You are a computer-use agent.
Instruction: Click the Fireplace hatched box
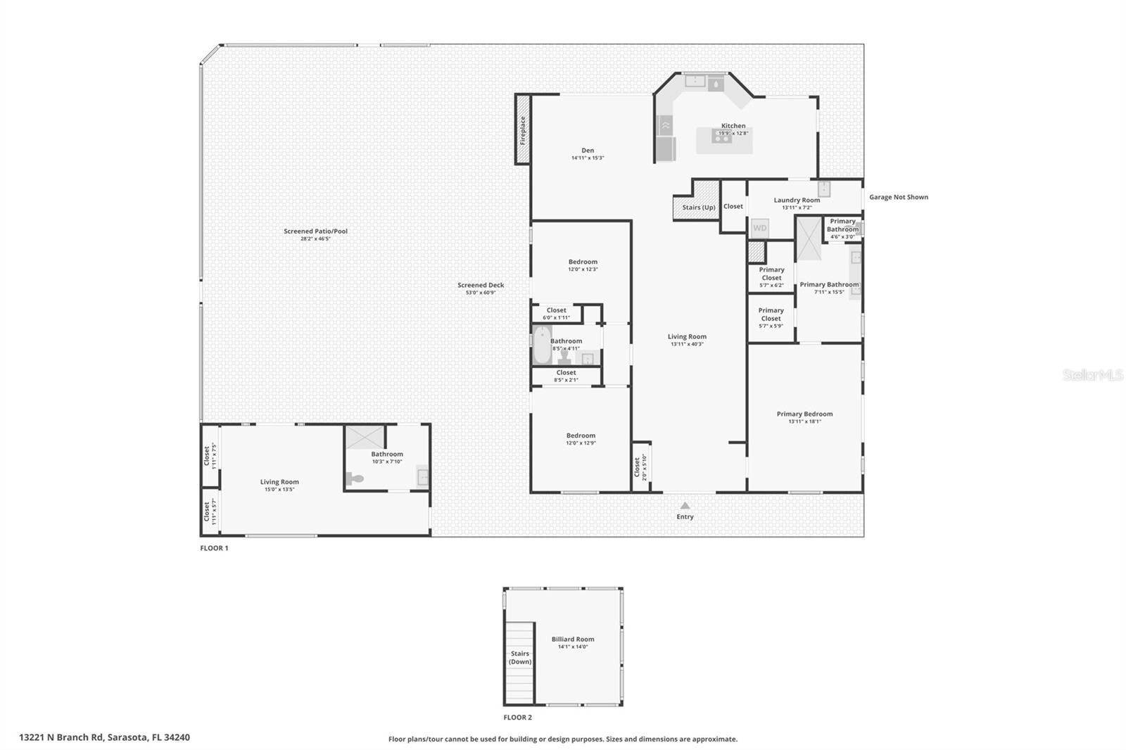(523, 129)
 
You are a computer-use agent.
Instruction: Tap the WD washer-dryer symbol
(759, 228)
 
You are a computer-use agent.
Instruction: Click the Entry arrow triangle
(685, 505)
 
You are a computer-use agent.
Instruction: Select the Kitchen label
(733, 126)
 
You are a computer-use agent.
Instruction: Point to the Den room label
(588, 151)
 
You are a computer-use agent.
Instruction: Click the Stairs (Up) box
(697, 207)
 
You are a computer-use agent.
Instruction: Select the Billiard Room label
(572, 640)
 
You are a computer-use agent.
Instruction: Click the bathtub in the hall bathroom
(542, 345)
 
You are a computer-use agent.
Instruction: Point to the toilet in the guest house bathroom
(355, 479)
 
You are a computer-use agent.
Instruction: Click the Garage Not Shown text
(898, 197)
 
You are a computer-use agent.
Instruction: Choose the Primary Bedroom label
(804, 414)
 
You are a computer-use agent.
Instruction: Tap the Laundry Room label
(797, 201)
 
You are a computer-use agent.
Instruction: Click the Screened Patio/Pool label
(315, 231)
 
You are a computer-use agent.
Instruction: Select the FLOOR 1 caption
(214, 548)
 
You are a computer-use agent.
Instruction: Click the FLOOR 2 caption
(517, 718)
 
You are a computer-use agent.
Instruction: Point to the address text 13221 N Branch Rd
(104, 737)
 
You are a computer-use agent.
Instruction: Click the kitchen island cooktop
(721, 138)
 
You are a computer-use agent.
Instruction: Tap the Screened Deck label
(481, 286)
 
